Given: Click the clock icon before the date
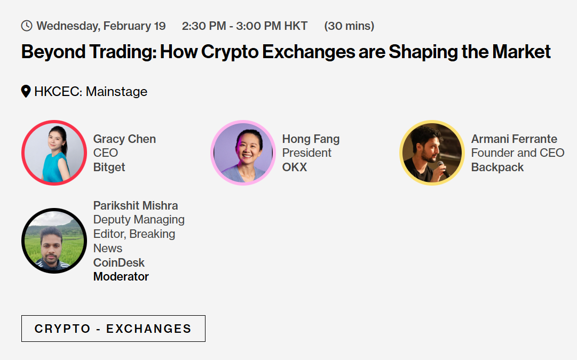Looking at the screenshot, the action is [27, 26].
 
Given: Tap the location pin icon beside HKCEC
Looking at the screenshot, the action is [26, 91].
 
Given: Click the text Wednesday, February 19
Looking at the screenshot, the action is [101, 26].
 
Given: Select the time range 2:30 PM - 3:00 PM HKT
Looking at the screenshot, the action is [244, 26].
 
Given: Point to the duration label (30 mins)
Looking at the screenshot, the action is [349, 26].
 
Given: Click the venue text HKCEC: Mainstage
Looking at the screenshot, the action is [91, 92].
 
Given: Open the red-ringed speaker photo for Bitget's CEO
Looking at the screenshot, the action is [54, 153].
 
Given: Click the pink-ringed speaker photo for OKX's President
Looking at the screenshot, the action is [243, 153].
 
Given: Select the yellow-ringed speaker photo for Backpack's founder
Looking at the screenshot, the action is [432, 153].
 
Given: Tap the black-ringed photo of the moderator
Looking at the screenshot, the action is [54, 241].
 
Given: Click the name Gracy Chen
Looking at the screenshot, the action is [124, 139].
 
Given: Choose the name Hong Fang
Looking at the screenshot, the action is [311, 139].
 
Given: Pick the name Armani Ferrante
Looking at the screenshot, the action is [514, 139].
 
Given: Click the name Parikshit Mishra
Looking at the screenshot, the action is [136, 205].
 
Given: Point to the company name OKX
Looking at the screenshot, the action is [295, 167].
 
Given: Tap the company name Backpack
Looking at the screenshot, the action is [497, 167].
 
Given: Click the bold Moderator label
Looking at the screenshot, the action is [121, 276].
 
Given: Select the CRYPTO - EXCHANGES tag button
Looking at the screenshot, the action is [113, 329].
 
